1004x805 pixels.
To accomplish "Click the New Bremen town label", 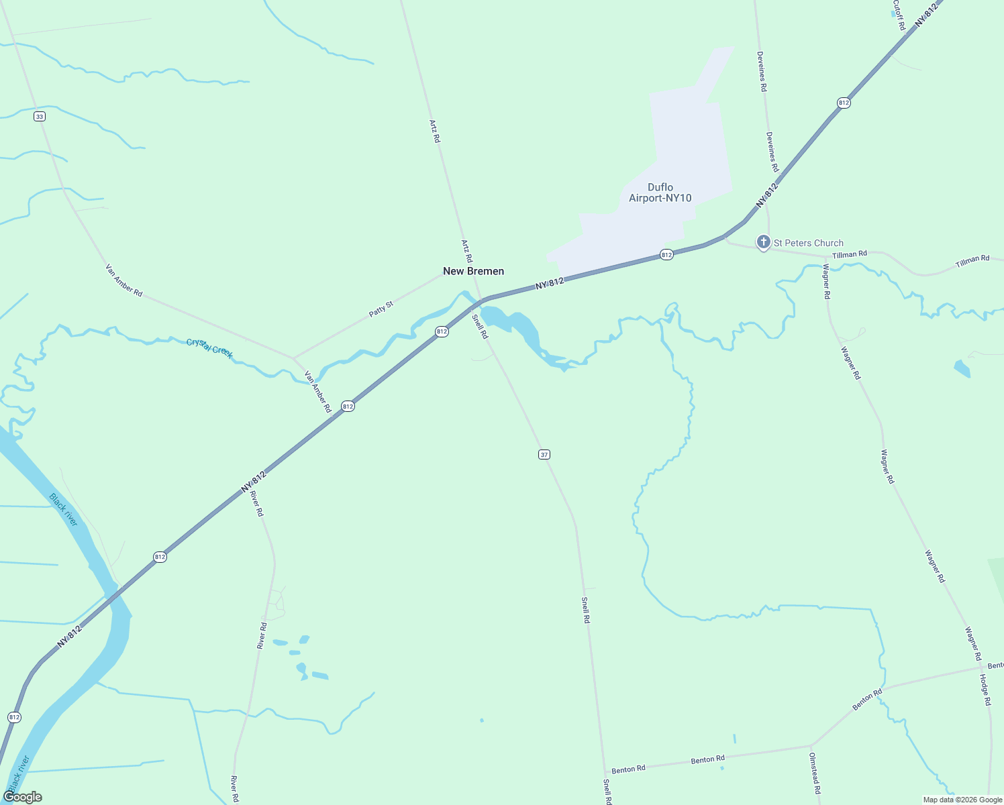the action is pos(473,271).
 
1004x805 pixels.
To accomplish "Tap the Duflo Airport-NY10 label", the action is pos(660,193).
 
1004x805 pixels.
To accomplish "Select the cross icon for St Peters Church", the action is pos(763,242).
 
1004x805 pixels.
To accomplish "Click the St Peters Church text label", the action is pos(808,243).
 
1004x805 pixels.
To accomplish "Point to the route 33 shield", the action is pos(40,117).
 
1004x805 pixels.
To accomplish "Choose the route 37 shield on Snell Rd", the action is pos(544,455).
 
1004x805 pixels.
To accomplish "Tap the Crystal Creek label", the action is pos(209,348).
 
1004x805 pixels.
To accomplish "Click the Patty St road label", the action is pos(381,309).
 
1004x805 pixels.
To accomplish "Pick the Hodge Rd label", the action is pos(985,690).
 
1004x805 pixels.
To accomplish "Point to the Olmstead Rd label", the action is pos(815,773).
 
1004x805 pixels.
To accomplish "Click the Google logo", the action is pos(22,797).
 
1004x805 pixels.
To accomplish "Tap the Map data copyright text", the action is pos(962,800).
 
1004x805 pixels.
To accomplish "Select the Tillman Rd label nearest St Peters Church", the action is pos(850,254).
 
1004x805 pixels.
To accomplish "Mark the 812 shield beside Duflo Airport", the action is pos(666,255).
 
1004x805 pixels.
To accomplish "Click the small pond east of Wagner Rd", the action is pos(962,368).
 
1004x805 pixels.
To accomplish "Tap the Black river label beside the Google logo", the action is pos(19,771).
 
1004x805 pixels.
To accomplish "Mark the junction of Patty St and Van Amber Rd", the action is pos(293,358).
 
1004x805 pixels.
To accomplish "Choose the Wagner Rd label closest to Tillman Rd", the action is pos(826,282).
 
